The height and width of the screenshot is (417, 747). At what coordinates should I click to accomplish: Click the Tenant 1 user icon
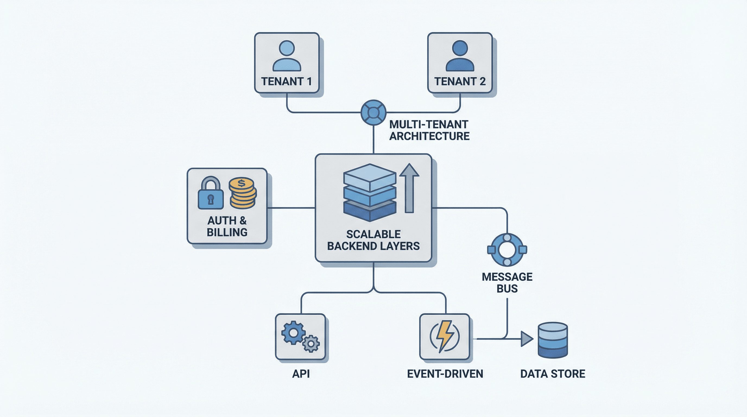click(x=287, y=56)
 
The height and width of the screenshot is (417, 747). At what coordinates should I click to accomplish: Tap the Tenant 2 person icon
click(x=460, y=56)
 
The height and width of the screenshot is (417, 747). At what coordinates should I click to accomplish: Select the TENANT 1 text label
click(x=287, y=81)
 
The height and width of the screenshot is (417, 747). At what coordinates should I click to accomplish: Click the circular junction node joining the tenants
click(x=373, y=112)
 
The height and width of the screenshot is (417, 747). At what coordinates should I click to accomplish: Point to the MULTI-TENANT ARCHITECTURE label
click(x=429, y=130)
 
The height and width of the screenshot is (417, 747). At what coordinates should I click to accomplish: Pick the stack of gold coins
click(x=243, y=193)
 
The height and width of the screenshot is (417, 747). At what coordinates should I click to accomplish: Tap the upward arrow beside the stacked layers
click(x=409, y=188)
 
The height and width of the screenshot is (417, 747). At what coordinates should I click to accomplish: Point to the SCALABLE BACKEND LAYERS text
click(x=373, y=240)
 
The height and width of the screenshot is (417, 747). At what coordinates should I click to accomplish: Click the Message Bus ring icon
click(x=507, y=250)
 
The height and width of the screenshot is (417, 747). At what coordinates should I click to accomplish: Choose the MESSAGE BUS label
click(x=507, y=283)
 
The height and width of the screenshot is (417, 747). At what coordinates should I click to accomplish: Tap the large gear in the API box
click(x=293, y=333)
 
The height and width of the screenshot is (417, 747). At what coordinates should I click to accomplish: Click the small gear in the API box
click(x=311, y=344)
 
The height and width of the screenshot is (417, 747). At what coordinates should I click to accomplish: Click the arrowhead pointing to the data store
click(x=526, y=339)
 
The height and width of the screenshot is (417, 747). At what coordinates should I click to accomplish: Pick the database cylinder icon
click(x=552, y=340)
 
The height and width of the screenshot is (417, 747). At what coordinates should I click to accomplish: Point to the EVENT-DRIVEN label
click(x=445, y=374)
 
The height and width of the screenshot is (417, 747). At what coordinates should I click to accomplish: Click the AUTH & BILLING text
click(x=227, y=226)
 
